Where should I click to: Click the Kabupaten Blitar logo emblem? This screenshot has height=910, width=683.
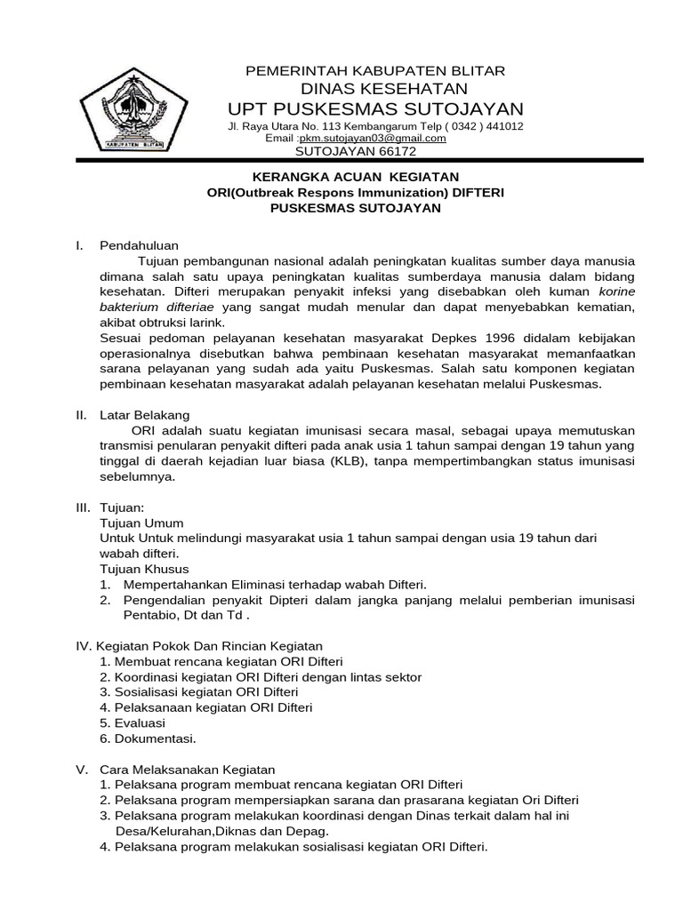[x=133, y=111]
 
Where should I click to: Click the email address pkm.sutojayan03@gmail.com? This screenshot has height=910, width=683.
[x=373, y=138]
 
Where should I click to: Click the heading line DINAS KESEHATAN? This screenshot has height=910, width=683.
[x=384, y=88]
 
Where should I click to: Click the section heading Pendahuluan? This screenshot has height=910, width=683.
[x=139, y=244]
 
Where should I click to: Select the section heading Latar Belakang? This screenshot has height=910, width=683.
[x=144, y=415]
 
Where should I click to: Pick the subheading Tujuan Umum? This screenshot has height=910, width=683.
[x=141, y=523]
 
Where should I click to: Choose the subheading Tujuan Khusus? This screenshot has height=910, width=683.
[x=144, y=569]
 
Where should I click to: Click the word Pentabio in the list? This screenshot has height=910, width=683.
[x=149, y=615]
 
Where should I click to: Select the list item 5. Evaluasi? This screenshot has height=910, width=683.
[x=133, y=722]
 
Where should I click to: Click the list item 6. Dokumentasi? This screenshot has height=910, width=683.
[x=148, y=738]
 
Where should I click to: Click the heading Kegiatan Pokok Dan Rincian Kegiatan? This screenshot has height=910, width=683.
[x=210, y=646]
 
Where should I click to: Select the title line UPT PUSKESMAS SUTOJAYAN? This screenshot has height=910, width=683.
[x=375, y=108]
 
